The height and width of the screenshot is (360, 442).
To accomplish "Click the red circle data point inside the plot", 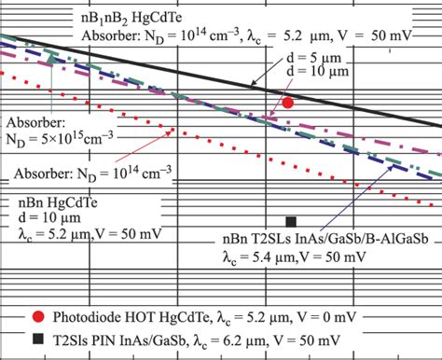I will [289, 104].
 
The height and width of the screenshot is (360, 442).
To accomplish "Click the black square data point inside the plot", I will [291, 221].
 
